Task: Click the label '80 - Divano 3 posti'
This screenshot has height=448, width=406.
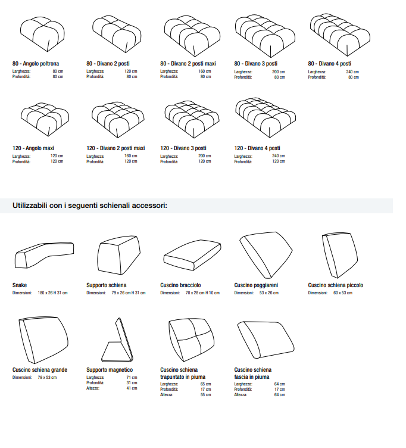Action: click(255, 63)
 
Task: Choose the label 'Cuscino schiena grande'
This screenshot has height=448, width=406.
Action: click(40, 370)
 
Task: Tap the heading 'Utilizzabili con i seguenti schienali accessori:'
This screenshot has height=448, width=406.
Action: click(90, 206)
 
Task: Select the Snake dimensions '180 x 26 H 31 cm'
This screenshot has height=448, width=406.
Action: click(53, 293)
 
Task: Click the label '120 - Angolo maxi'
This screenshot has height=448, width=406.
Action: click(34, 148)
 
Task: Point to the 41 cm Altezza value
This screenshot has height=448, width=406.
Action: click(132, 388)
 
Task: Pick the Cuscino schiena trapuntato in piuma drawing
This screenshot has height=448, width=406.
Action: click(190, 340)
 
